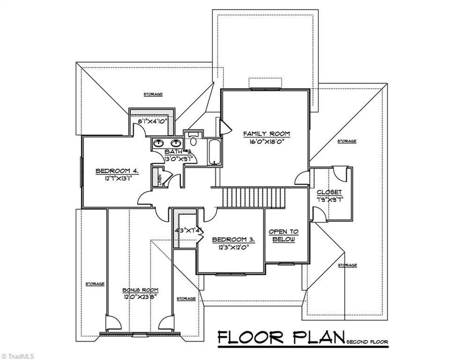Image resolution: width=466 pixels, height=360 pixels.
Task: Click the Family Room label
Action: click(266, 134)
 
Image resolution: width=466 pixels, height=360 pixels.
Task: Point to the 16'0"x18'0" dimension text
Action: click(266, 142)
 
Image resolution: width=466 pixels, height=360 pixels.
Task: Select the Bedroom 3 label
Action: click(233, 239)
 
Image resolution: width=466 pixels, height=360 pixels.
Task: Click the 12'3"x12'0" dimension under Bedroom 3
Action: click(232, 247)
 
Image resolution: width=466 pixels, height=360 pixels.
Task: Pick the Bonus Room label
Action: click(140, 290)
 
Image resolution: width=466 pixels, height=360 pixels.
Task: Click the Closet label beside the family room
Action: click(329, 193)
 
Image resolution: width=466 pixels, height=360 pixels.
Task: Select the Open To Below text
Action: click(283, 236)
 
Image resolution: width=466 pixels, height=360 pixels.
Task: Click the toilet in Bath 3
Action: click(193, 139)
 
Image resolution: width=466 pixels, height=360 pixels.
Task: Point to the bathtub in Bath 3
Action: click(214, 152)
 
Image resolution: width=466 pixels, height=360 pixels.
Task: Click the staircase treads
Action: click(253, 198)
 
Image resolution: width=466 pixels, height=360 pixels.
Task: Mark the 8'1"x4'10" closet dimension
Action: click(153, 121)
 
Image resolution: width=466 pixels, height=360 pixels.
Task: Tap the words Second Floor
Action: click(367, 343)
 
